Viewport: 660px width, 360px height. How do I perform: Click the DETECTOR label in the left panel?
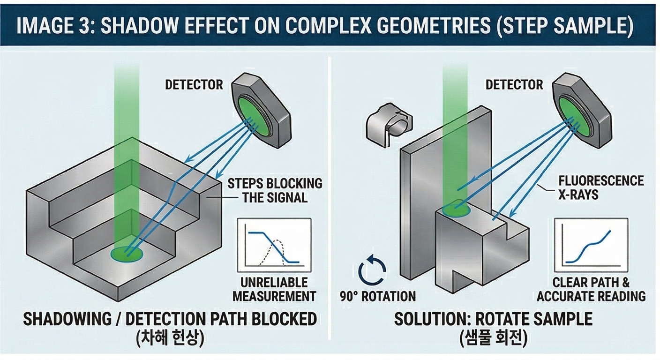[x=194, y=85]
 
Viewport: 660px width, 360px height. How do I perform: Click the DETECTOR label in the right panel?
[x=514, y=85]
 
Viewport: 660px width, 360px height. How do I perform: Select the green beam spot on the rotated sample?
[x=457, y=209]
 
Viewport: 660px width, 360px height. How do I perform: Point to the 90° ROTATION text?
[x=377, y=297]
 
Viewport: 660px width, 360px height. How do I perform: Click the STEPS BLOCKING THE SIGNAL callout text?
[x=275, y=190]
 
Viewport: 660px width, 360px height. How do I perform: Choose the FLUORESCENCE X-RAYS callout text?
[x=601, y=187]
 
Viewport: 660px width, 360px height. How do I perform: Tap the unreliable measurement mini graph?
[x=274, y=245]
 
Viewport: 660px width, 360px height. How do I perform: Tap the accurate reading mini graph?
[x=590, y=245]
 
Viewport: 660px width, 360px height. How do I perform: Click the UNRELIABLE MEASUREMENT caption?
[x=274, y=289]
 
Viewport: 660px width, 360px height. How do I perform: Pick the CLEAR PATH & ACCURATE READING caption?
[x=591, y=289]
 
